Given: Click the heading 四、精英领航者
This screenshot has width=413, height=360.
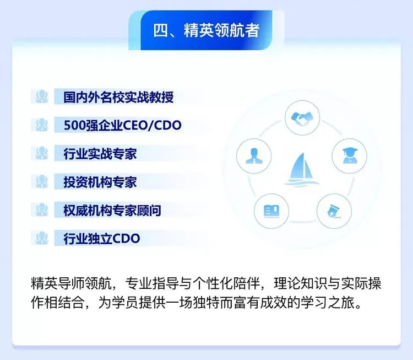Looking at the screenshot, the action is [x=206, y=30].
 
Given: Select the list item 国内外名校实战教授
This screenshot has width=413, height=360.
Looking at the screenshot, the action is [x=118, y=97].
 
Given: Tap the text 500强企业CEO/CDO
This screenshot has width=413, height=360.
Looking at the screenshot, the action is [x=122, y=125].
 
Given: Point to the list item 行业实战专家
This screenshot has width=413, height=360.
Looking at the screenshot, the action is [x=100, y=153].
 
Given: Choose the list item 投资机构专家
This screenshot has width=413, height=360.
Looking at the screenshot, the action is [x=100, y=182].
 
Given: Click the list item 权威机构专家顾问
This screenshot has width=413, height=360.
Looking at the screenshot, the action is [x=112, y=210].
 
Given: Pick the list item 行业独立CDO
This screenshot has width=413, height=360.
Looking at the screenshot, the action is [x=102, y=238].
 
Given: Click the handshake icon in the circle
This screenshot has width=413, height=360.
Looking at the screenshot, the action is [x=302, y=119].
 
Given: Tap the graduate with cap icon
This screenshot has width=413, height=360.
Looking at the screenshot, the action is [x=350, y=155].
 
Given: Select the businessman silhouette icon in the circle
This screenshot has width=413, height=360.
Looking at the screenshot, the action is [x=254, y=156].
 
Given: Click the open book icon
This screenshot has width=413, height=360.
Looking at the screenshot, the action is [x=271, y=211].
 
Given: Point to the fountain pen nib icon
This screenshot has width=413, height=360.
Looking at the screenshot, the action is [x=334, y=212].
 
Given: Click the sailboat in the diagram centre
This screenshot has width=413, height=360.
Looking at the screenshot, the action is [x=302, y=169].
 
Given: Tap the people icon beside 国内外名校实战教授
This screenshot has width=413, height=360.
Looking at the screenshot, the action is [x=42, y=96].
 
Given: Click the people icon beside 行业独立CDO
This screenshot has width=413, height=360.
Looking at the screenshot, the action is [x=42, y=238].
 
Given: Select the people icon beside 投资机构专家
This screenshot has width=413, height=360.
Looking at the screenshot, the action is [x=42, y=181].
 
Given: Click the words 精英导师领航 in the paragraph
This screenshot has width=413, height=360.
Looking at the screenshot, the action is [x=71, y=283].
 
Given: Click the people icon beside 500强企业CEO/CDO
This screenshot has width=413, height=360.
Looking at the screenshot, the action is [x=42, y=125].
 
